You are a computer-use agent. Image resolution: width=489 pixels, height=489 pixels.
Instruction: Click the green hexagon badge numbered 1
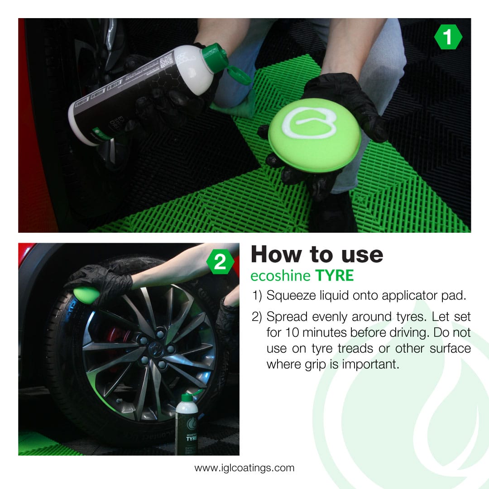[x=448, y=37]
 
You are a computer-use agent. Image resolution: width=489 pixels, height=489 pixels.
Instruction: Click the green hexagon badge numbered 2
[x=220, y=263]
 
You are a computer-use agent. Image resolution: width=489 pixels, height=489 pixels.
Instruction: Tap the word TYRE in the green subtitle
[x=334, y=275]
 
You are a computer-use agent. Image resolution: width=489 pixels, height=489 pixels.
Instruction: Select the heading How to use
[x=316, y=254]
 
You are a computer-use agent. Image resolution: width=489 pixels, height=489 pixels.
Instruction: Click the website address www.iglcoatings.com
[x=244, y=468]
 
